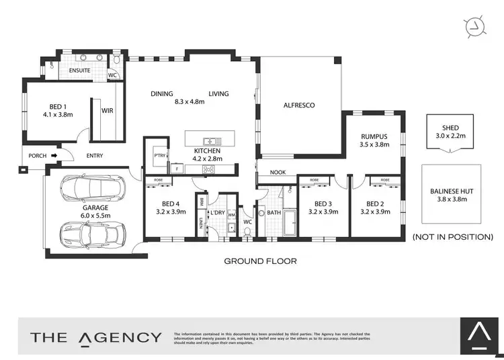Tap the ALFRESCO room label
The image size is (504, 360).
coord(299,105)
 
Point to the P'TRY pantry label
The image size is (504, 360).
coord(160,155)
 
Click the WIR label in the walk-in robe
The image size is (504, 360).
coord(107,110)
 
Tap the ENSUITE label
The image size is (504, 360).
coord(81,69)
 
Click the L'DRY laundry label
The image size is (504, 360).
coord(218,213)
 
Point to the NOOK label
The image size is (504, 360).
coord(278,173)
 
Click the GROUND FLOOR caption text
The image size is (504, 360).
coord(260,261)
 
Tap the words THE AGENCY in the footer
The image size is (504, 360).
coord(95,337)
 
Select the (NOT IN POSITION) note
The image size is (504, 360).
coord(452,237)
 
